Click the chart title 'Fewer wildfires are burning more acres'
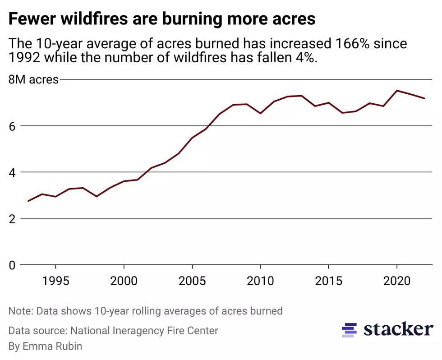pos(162,19)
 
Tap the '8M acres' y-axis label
pos(34,80)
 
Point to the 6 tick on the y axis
pos(12,126)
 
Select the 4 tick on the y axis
pos(12,173)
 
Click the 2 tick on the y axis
pos(12,219)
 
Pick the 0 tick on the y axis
pos(12,265)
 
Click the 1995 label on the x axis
pos(56,281)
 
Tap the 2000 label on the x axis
pos(124,281)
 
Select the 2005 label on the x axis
pos(192,281)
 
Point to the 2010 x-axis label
pos(260,281)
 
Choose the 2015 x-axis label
pos(328,281)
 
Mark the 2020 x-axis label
pos(396,281)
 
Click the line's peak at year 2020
pos(397,91)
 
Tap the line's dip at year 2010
pos(260,113)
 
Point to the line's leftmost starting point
pos(28,201)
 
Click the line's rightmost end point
pos(424,98)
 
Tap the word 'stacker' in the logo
pos(398,329)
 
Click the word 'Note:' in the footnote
pos(21,311)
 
